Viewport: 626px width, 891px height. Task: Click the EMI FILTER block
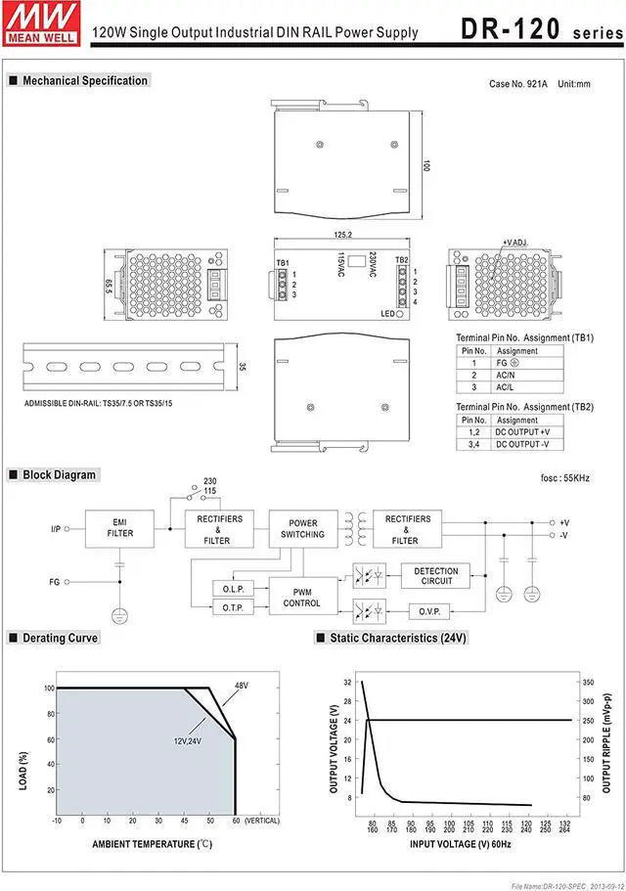120,528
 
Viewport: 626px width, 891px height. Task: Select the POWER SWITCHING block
303,529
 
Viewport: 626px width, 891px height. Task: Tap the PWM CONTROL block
302,597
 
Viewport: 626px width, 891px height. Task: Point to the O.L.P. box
234,589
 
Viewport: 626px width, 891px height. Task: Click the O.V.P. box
435,612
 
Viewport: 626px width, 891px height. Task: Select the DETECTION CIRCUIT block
435,576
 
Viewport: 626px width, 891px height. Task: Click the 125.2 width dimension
342,235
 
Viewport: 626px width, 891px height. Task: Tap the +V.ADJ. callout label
514,242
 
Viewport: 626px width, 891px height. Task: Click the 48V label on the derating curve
240,686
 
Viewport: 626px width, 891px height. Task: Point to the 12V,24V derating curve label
189,739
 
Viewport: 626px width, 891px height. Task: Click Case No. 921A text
518,84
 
